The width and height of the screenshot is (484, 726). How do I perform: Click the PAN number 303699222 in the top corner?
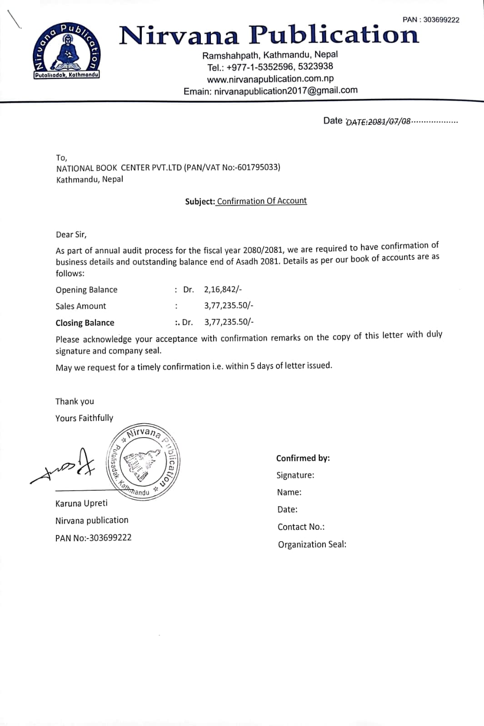coord(440,20)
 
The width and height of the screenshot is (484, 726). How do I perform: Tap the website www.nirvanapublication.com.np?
coord(270,79)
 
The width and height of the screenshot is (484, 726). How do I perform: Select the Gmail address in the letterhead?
coord(285,90)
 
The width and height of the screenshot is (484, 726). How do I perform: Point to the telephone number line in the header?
coord(270,67)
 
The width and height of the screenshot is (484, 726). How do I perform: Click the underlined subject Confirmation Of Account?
coord(262,201)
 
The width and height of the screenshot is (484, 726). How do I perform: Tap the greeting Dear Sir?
coord(71,235)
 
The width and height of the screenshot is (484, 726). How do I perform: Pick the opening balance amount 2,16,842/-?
coord(223,289)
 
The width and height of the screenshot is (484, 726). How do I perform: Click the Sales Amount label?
coord(80,306)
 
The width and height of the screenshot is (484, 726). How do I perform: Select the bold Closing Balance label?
coord(85,323)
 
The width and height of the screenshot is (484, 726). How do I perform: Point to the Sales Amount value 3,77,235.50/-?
coord(229,306)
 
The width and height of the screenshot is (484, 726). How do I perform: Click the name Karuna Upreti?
coord(81,503)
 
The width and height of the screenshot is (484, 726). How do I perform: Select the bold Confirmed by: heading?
coord(303,458)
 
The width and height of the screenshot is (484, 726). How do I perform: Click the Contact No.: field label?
coord(301,527)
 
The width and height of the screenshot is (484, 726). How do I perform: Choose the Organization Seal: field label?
coord(312,544)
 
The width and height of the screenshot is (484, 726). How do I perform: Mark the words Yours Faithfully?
coord(84,418)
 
